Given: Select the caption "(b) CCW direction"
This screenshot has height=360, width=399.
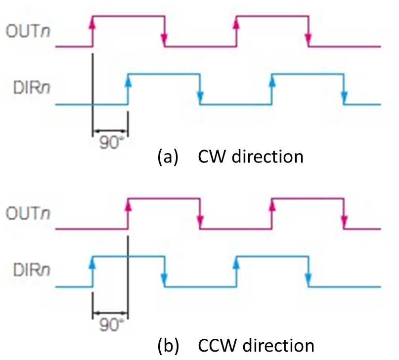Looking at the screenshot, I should coord(235,345).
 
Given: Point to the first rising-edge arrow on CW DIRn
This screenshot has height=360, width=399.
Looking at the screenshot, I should coord(128,83).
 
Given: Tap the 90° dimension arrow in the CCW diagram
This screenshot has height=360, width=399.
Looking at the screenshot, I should coord(110,313).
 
